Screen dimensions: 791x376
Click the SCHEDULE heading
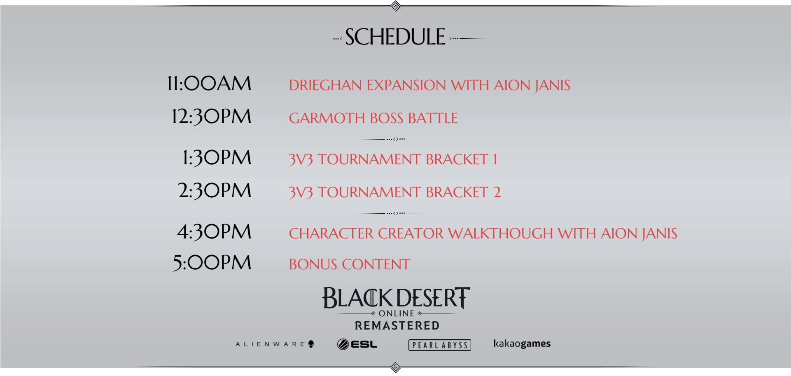(395, 37)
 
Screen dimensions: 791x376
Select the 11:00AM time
(209, 84)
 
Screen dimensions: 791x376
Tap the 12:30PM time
(212, 117)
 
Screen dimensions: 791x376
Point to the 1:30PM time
(217, 158)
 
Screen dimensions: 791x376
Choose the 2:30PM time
(215, 191)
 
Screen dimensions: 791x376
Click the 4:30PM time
(214, 232)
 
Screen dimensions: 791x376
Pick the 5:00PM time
(212, 263)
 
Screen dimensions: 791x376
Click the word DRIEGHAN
(325, 85)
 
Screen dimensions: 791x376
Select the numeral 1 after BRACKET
(495, 159)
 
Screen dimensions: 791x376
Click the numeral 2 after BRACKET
(497, 192)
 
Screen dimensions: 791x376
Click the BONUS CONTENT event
(350, 264)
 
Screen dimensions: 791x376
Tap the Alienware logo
(275, 344)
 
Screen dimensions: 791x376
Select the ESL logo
(357, 344)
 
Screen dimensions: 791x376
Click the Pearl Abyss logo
(440, 345)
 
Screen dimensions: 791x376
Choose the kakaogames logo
(522, 343)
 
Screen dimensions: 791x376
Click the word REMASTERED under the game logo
(397, 326)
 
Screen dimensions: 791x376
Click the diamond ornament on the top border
(396, 6)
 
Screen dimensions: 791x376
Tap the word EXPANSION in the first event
(406, 85)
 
